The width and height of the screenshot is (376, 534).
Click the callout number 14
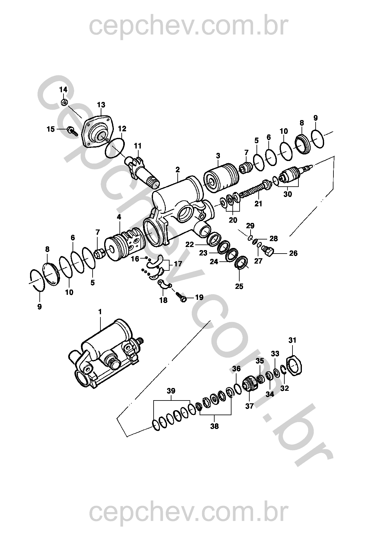63,90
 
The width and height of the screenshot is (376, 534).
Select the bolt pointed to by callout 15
72,131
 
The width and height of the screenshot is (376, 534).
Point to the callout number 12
122,129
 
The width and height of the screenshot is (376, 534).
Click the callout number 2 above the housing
177,170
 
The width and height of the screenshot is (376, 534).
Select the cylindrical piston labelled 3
221,178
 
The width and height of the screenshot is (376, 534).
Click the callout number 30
287,194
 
